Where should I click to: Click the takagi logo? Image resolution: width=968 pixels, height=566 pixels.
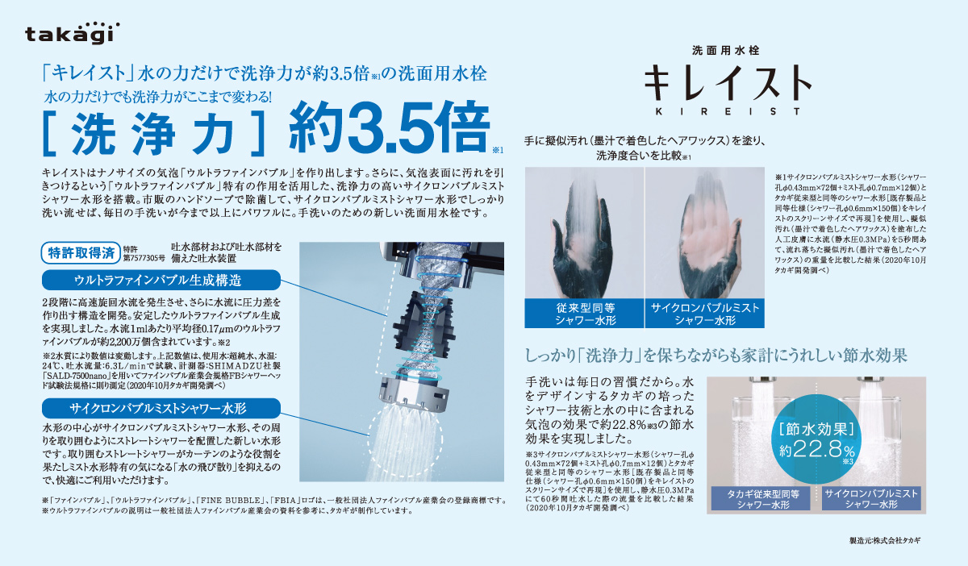tap(72, 33)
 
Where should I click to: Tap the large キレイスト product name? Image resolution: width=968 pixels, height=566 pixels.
tap(728, 83)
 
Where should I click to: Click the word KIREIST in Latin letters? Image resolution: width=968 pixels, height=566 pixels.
tap(728, 111)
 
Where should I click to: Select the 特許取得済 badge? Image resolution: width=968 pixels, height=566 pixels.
tap(81, 252)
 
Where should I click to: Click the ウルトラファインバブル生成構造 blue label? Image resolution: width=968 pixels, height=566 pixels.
tap(161, 280)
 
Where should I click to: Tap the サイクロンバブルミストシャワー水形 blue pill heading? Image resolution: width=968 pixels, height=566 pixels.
tap(161, 408)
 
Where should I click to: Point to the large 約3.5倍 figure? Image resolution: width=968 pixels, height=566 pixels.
tap(390, 127)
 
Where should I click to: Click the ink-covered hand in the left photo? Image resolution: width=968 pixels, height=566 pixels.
tap(583, 242)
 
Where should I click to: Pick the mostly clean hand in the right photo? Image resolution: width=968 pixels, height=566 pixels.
tap(707, 242)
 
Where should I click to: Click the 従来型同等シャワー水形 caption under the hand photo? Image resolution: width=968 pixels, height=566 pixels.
tap(585, 314)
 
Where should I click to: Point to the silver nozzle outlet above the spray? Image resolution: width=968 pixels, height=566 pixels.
tap(414, 393)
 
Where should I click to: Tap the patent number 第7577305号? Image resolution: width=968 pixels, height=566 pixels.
tap(144, 258)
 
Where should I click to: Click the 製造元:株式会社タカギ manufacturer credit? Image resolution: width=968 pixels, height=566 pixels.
tap(885, 540)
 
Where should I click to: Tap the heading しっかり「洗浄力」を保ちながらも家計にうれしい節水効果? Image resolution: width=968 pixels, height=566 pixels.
tap(716, 355)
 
